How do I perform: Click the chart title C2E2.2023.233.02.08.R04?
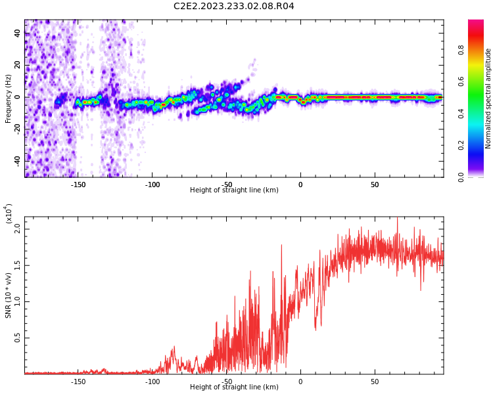[234, 6]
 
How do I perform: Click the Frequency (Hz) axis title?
[8, 98]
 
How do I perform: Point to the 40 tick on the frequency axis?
[17, 33]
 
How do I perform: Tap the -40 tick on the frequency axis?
[17, 161]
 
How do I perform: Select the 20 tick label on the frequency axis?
[17, 65]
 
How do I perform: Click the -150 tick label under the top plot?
[78, 185]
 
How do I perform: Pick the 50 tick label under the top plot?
[375, 185]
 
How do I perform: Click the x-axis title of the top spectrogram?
[234, 190]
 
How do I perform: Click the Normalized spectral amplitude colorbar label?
[488, 98]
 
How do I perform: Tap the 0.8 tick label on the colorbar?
[461, 50]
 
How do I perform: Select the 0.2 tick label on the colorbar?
[461, 145]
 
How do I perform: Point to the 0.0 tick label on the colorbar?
[461, 177]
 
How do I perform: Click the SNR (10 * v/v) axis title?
[8, 295]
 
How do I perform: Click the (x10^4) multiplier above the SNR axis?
[9, 213]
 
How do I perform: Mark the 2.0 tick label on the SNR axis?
[17, 229]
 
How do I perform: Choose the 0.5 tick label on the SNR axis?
[17, 338]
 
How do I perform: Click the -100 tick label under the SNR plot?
[153, 382]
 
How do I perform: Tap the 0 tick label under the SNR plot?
[300, 382]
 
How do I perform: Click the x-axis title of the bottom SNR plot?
[234, 387]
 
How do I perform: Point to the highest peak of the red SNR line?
[398, 218]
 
